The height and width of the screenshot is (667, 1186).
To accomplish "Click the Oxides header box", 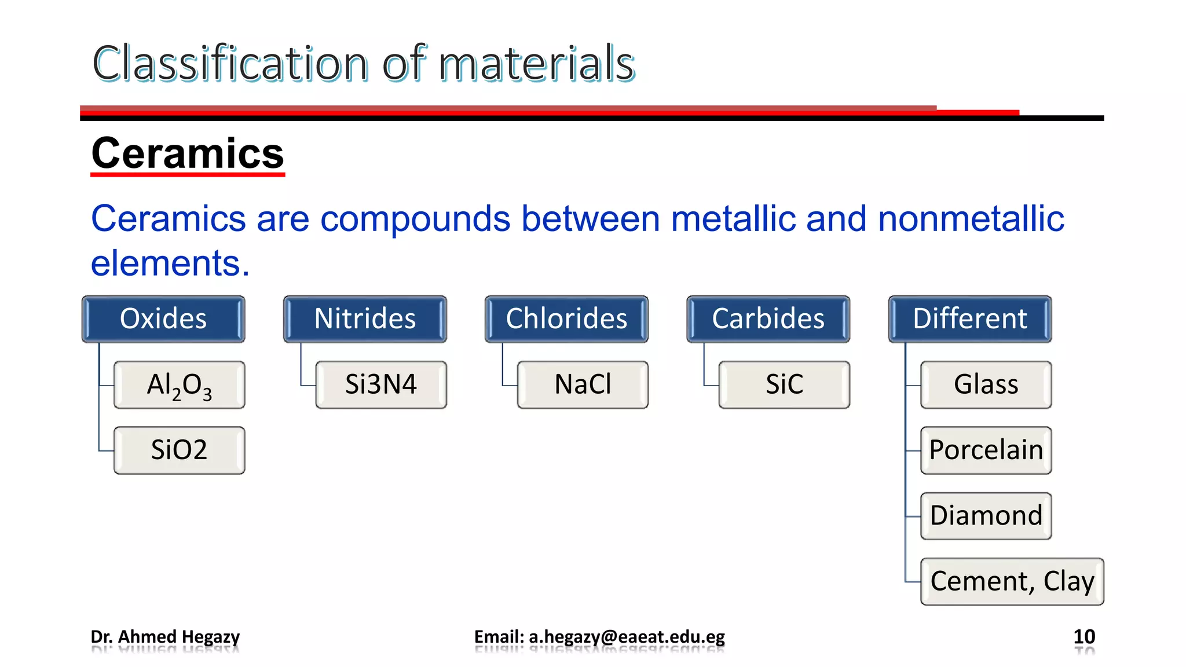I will [x=163, y=319].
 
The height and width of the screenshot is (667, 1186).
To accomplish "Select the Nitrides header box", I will [x=365, y=319].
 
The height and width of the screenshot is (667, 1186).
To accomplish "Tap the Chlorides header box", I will [x=566, y=319].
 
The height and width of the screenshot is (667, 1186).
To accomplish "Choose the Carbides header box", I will [x=768, y=319].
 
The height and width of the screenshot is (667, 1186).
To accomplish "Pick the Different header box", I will [x=970, y=319].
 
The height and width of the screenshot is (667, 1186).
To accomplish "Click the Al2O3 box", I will [x=180, y=385].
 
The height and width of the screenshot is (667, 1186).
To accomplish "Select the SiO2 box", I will [x=180, y=450].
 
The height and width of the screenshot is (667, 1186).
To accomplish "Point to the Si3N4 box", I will [x=381, y=385].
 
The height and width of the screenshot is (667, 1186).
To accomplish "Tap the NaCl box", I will [x=583, y=385].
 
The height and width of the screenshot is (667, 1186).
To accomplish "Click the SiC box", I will [x=784, y=385].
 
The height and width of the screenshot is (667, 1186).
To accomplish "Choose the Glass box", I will [x=986, y=385].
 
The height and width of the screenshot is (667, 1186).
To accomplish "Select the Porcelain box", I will [x=986, y=450].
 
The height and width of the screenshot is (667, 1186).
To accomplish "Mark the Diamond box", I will [x=986, y=516].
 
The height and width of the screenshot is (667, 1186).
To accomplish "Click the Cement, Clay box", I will [x=1012, y=581].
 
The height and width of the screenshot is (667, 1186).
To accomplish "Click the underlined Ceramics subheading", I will [x=188, y=154].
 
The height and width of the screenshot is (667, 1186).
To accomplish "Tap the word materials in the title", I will [x=536, y=64].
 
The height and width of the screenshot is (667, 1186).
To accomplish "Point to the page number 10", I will [x=1084, y=637].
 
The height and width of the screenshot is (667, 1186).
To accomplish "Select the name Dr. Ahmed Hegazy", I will [x=165, y=637].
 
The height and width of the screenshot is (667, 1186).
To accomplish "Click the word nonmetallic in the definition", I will [x=971, y=219].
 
